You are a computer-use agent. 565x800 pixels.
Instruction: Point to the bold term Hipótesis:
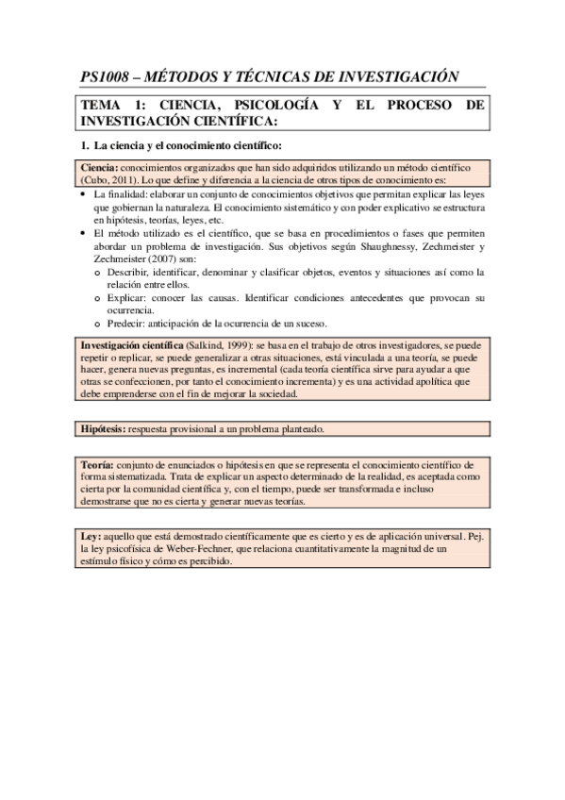click(106, 429)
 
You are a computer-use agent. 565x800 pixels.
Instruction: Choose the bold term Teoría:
click(97, 466)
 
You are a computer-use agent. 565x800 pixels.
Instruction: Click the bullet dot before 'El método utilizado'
click(85, 233)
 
